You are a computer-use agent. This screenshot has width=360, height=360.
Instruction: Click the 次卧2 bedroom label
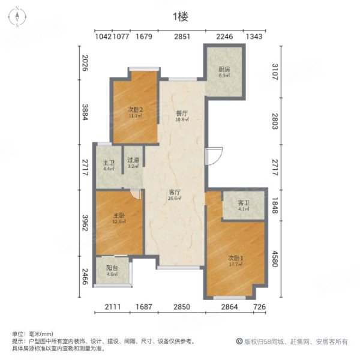pyautogui.click(x=134, y=111)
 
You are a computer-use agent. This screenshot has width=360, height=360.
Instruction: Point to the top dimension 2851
pyautogui.click(x=182, y=37)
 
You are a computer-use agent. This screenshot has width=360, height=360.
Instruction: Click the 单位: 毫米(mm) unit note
pyautogui.click(x=33, y=334)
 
